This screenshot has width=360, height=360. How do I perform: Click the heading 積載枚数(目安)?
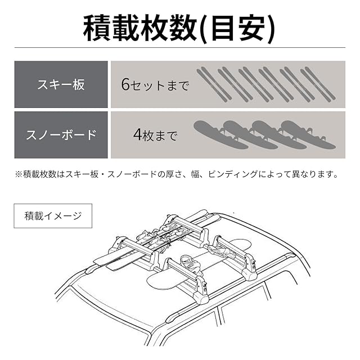pyautogui.click(x=179, y=28)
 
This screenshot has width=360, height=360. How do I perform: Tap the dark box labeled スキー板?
pyautogui.click(x=60, y=84)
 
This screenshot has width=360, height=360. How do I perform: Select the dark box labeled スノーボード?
pyautogui.click(x=60, y=135)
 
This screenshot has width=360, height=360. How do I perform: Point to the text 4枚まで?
pyautogui.click(x=155, y=135)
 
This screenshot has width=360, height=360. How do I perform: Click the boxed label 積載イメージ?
pyautogui.click(x=53, y=215)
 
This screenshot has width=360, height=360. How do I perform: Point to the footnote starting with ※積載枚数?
pyautogui.click(x=177, y=174)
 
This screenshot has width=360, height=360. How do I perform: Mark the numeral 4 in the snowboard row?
pyautogui.click(x=138, y=135)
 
